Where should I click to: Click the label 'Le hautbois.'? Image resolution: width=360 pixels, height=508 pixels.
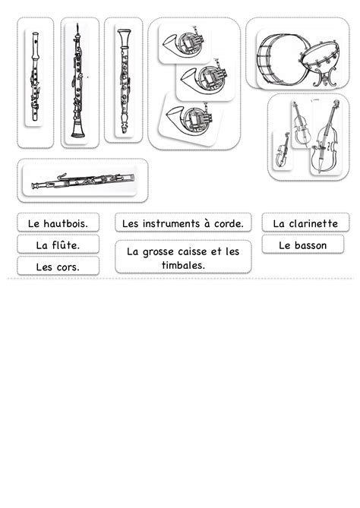[x=58, y=223]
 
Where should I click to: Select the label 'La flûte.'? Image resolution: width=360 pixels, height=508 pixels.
[x=58, y=245]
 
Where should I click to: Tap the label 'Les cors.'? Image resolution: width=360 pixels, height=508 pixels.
[x=58, y=267]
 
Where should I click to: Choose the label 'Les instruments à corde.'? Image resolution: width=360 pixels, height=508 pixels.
[x=183, y=223]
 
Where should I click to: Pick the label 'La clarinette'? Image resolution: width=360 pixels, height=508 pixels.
[x=305, y=223]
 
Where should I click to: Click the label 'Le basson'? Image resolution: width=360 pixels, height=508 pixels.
[x=302, y=245]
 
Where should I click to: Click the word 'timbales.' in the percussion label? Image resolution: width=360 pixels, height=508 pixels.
[x=183, y=265]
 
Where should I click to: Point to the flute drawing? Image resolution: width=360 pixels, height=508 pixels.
[x=35, y=77]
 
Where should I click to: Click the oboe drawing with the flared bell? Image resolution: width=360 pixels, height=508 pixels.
[x=77, y=80]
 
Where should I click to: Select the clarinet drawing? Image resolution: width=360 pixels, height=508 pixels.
[x=125, y=81]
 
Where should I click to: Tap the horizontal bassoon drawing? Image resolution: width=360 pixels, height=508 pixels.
[x=83, y=181]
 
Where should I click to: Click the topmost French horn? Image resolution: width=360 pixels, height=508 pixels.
[x=184, y=43]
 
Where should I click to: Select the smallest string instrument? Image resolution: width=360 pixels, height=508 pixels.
[x=283, y=150]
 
